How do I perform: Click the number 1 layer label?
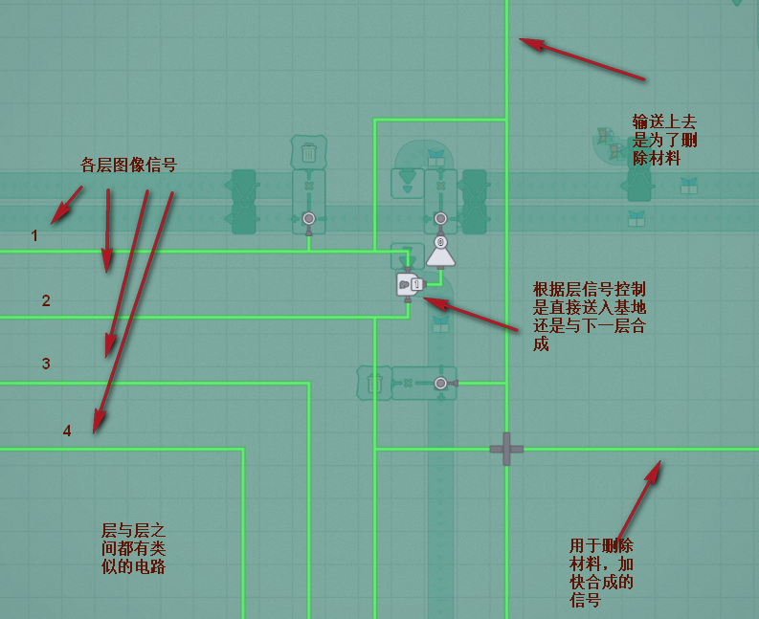point(34,234)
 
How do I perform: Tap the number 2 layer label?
point(46,300)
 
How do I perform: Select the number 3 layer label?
point(46,364)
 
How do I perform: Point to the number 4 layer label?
point(67,431)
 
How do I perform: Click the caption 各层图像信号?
point(128,165)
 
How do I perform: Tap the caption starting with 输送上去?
point(664,140)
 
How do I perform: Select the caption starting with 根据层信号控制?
point(590,316)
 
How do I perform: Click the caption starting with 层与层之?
point(134,547)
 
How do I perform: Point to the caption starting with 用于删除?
point(601,572)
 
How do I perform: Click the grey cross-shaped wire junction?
point(506,449)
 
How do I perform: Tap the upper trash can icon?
point(308,152)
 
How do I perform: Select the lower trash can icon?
point(374,383)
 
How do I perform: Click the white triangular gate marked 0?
point(440,251)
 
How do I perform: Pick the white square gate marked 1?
point(409,284)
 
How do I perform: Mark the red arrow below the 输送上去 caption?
point(582,58)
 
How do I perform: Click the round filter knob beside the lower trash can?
point(440,383)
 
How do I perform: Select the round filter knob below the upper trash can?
point(308,218)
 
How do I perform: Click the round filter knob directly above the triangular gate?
point(440,218)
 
